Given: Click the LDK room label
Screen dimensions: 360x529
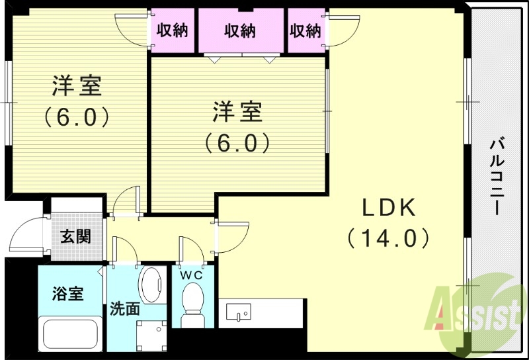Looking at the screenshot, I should tap(388, 208).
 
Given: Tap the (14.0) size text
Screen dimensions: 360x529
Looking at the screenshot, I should tap(388, 237).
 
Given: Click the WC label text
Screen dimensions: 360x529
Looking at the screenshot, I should tap(193, 273).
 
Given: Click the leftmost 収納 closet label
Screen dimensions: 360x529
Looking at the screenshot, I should tap(172, 31).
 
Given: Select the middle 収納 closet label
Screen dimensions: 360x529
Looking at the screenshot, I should tap(239, 31).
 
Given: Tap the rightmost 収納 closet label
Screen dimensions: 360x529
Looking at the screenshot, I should tap(305, 31).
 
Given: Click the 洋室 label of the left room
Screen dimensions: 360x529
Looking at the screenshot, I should tap(77, 87).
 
